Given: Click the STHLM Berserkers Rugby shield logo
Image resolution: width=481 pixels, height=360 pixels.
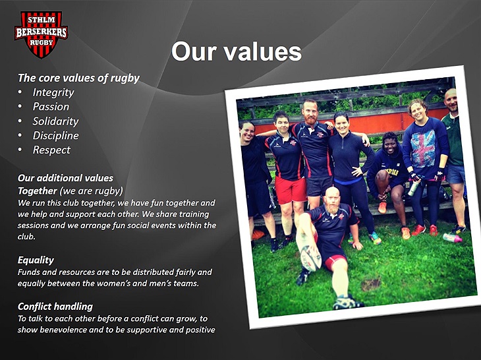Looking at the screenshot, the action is (41, 34).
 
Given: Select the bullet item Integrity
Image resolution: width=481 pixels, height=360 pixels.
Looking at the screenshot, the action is (53, 93).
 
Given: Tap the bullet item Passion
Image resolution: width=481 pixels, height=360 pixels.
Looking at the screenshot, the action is (51, 107).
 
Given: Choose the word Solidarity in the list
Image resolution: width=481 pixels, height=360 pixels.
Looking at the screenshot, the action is (55, 121).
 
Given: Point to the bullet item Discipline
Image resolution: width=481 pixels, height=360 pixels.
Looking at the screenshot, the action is (55, 136).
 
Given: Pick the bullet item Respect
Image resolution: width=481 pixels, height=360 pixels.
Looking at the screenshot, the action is (51, 150).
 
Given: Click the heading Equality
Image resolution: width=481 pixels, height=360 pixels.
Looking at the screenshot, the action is (36, 260).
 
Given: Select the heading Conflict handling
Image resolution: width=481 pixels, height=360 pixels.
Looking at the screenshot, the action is (55, 307).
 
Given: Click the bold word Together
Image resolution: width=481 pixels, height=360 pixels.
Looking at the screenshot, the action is (37, 191).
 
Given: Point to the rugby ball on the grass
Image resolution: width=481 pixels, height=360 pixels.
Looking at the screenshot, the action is (310, 258).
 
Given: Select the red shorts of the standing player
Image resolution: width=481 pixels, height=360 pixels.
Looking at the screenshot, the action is (290, 190).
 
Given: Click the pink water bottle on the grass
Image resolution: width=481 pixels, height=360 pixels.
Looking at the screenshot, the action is (453, 238).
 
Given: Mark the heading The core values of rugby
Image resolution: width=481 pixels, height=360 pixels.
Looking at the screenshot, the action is (78, 78).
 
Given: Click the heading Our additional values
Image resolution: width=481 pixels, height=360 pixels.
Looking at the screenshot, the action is (65, 178).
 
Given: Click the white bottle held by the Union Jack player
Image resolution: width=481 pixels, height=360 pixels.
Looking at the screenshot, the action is (413, 188).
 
